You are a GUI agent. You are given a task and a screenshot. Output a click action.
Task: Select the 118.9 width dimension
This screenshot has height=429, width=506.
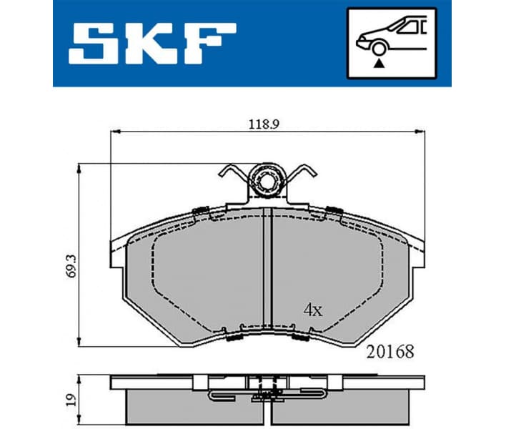(x=263, y=124)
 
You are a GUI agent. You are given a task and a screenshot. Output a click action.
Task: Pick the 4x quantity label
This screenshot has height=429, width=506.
(x=312, y=310)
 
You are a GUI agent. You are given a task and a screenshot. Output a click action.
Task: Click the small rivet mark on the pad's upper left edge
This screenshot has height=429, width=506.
(x=200, y=210)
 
